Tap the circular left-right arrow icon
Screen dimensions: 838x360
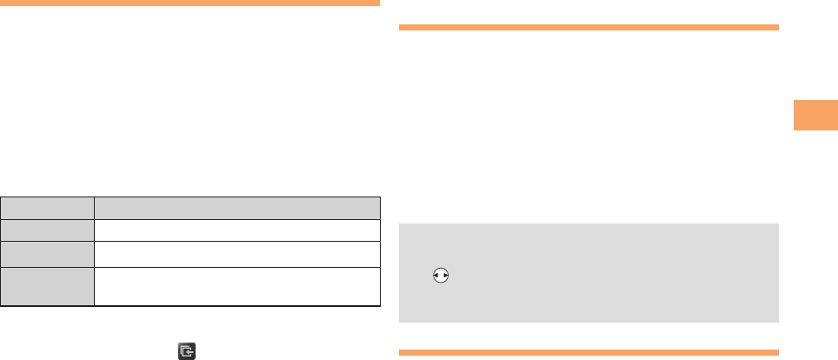tap(441, 275)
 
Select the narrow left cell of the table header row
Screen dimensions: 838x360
tap(47, 208)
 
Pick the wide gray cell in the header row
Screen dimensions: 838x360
tap(237, 208)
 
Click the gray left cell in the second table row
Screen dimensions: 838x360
tap(47, 230)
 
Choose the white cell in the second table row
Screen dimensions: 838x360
tap(237, 230)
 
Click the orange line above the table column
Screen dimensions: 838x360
tap(190, 3)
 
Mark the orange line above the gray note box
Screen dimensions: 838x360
tap(589, 28)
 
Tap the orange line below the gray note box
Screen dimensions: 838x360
tap(589, 352)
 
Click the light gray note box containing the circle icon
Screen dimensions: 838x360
tap(589, 272)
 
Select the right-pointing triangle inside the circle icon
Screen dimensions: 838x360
tap(445, 275)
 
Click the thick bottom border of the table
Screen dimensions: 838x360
tap(190, 306)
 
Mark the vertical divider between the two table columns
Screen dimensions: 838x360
tap(94, 252)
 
